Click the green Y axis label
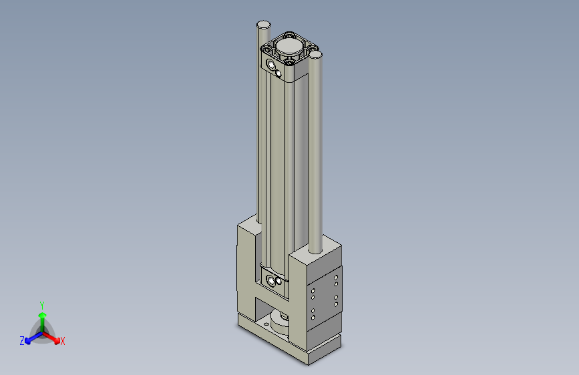[x=41, y=304]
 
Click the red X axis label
[x=63, y=341]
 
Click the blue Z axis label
[x=22, y=341]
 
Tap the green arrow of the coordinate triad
[x=42, y=316]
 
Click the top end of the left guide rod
[x=263, y=25]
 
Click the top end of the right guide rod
[x=316, y=55]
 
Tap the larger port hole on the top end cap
[x=270, y=65]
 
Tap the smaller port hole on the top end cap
[x=278, y=73]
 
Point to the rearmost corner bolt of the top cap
[x=288, y=33]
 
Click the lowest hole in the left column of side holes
[x=312, y=319]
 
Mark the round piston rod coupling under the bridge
[x=281, y=325]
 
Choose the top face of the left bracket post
[x=248, y=228]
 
